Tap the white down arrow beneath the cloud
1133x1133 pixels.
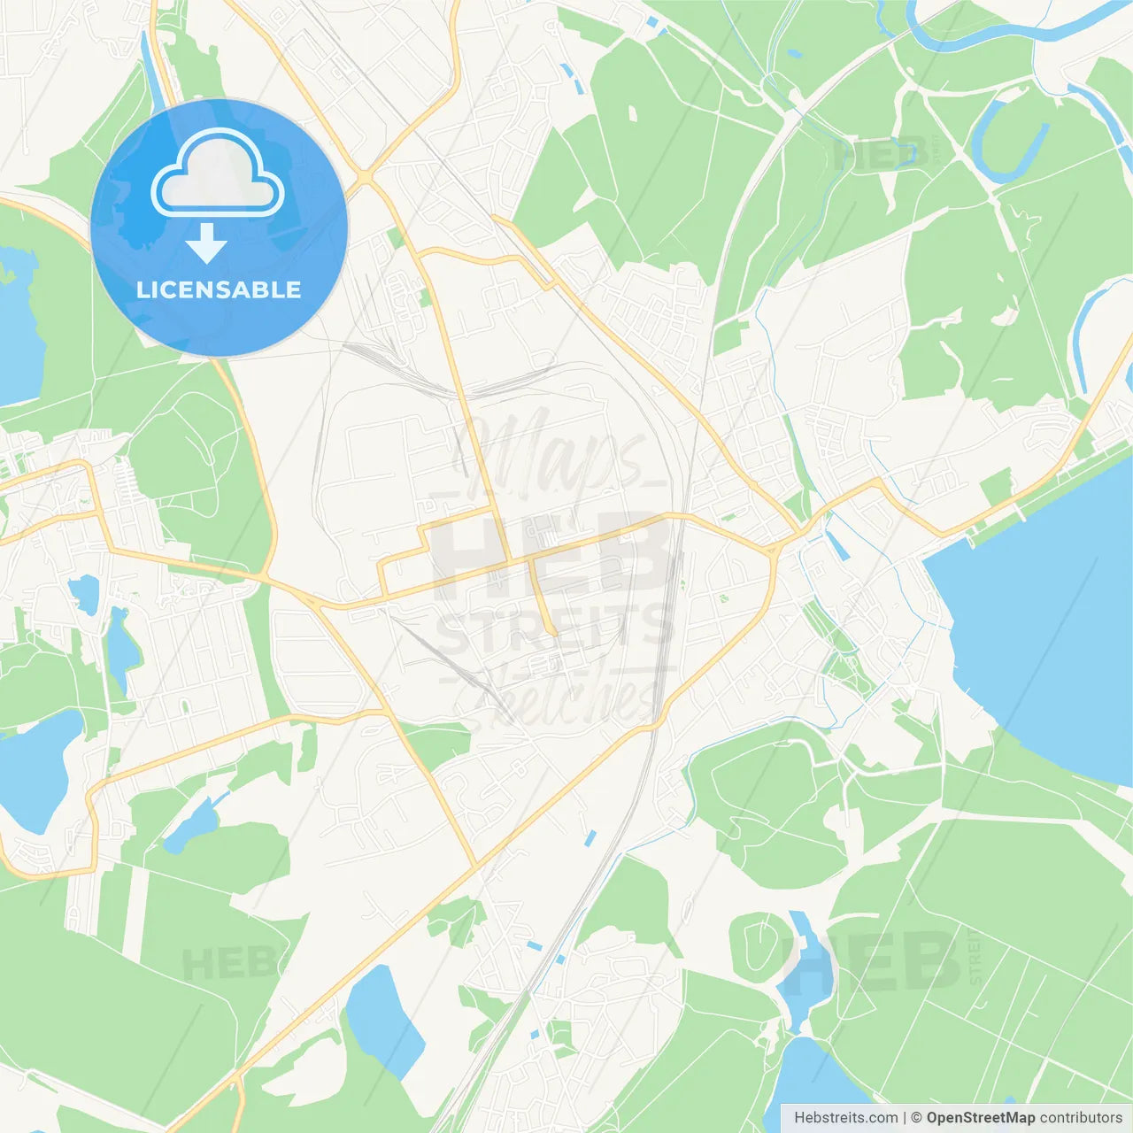206,243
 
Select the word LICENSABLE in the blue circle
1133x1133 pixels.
219,289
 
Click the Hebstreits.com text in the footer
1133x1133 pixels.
845,1118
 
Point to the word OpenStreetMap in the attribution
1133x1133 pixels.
980,1118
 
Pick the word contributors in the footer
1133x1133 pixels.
1081,1118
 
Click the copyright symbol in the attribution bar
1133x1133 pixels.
916,1118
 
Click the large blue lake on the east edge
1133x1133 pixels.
1044,620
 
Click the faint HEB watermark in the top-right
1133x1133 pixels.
881,155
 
